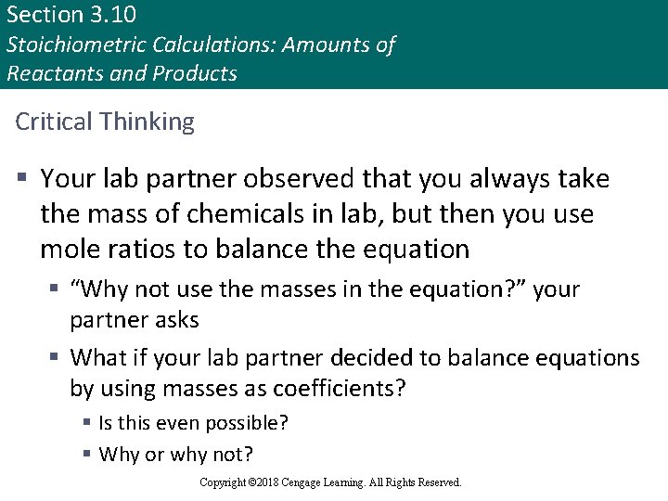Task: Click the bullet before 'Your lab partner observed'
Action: (20, 177)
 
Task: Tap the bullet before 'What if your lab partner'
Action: (55, 357)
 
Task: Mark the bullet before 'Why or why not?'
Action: (86, 455)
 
